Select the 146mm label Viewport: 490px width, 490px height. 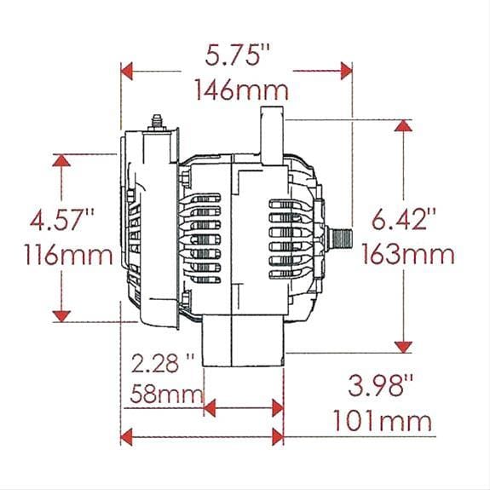239,88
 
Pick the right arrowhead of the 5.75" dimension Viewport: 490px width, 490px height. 344,70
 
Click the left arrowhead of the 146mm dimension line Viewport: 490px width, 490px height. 128,70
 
